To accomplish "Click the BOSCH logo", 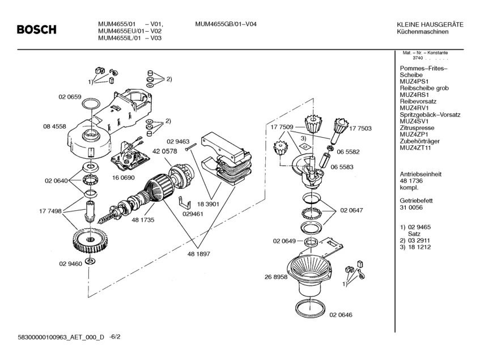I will [x=36, y=29].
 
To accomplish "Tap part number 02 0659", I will [x=70, y=97].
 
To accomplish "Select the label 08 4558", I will [x=55, y=126].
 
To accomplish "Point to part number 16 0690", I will [x=122, y=177].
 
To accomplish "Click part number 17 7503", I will [x=360, y=129].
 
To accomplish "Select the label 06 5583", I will [x=342, y=167].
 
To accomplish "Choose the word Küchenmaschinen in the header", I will [x=423, y=31].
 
